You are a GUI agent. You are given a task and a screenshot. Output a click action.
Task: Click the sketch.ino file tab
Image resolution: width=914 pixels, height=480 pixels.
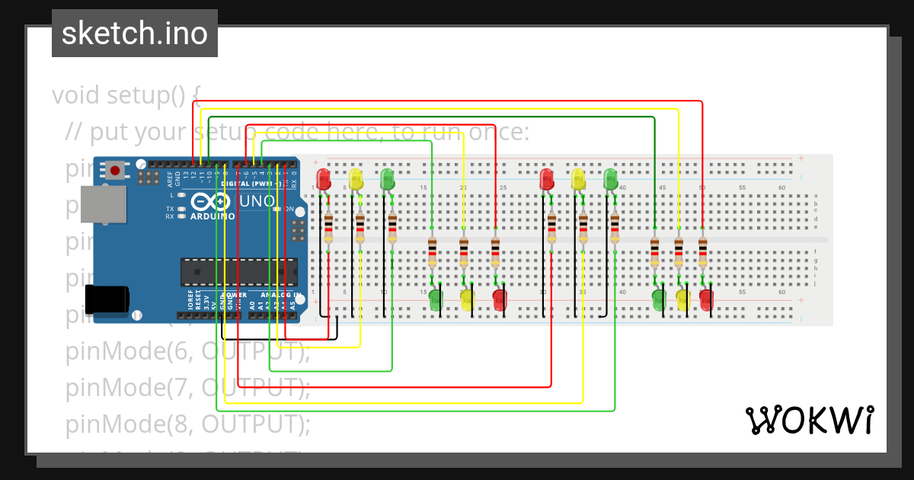click(135, 34)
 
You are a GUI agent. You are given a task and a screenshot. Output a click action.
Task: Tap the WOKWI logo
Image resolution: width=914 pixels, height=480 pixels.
click(809, 420)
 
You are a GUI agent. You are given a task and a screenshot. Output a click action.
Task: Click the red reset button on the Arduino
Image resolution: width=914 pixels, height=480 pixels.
click(115, 170)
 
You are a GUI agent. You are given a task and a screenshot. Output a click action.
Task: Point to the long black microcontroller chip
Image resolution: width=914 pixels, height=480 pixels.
click(239, 272)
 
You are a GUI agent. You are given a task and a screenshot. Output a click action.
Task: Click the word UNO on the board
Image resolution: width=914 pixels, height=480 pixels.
click(257, 201)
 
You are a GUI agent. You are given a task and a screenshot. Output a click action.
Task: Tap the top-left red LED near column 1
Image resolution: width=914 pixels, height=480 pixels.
click(324, 180)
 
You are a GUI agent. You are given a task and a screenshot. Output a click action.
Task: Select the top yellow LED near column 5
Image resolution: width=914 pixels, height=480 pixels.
click(356, 180)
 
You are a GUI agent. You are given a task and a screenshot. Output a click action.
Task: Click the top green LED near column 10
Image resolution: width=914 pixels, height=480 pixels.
click(388, 180)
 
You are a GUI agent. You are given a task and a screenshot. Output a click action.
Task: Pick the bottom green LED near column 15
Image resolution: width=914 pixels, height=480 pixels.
click(436, 299)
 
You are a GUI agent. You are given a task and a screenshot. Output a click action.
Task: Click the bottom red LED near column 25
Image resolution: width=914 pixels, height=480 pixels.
click(500, 299)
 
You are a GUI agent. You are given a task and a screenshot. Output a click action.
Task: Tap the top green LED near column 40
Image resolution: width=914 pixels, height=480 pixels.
click(611, 180)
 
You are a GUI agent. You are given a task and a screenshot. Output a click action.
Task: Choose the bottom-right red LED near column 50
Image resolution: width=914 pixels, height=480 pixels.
click(706, 299)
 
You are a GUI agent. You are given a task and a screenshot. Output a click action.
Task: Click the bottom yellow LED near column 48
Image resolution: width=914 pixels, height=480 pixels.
click(682, 299)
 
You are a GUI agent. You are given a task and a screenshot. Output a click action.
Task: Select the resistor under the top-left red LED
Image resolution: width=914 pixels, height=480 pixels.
click(328, 229)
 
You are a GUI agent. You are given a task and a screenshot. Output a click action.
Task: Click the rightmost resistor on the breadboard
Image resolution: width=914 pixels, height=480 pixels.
click(702, 251)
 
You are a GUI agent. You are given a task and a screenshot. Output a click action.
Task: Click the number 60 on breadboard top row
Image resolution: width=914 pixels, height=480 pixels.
click(781, 187)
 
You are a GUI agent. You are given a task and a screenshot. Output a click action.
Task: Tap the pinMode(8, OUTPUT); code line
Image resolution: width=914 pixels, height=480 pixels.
click(188, 423)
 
